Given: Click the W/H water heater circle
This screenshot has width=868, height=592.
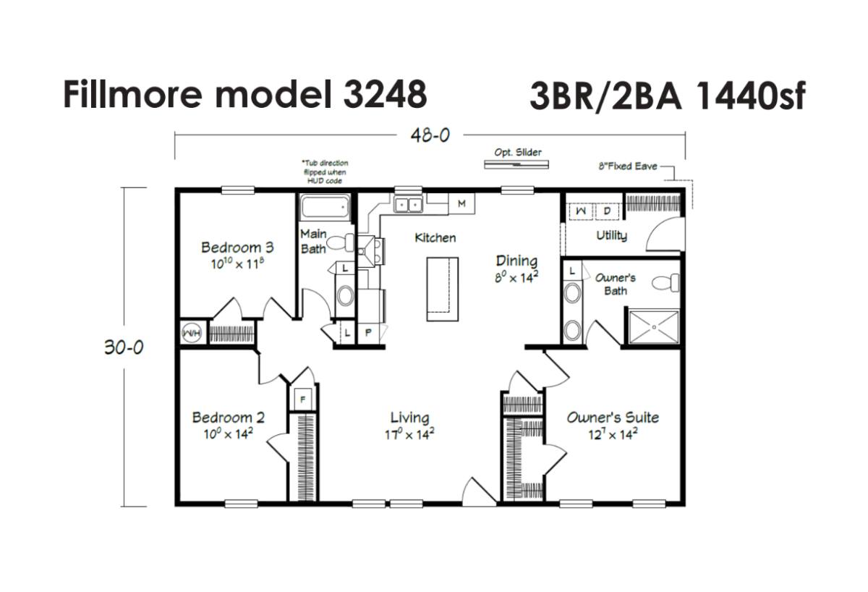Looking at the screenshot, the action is point(192,333).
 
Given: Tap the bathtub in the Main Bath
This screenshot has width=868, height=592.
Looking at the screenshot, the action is point(325,208).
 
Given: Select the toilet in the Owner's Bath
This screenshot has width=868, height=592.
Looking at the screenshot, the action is point(665,283).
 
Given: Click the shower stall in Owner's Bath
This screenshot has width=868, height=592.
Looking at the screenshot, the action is point(654,327).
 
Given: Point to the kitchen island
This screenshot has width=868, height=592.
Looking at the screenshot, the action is point(443,289).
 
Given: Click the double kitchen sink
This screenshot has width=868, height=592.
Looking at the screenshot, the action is point(408,204).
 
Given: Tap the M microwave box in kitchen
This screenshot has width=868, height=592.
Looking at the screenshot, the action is point(461,203).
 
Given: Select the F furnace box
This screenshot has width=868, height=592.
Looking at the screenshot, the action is point(303,399).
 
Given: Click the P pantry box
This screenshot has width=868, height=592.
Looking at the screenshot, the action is point(368,332).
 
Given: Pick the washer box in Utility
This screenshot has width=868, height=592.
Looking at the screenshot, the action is point(581,211).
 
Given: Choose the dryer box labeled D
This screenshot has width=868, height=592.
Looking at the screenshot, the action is point(607,211).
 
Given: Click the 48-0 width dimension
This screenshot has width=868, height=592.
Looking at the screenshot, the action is point(430,135).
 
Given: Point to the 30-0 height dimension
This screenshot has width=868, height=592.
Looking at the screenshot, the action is point(124,347).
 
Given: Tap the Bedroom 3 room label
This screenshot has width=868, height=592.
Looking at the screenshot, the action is point(237,248).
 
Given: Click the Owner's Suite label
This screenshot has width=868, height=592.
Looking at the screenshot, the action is point(613,417).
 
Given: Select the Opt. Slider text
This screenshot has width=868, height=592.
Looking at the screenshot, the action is point(518,153).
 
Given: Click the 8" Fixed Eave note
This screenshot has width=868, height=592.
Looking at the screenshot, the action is point(628,166).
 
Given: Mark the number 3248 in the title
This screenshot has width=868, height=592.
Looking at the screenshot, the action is point(385,94).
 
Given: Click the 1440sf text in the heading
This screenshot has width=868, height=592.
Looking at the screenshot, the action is point(751,96).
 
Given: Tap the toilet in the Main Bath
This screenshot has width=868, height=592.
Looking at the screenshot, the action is point(341,242).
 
